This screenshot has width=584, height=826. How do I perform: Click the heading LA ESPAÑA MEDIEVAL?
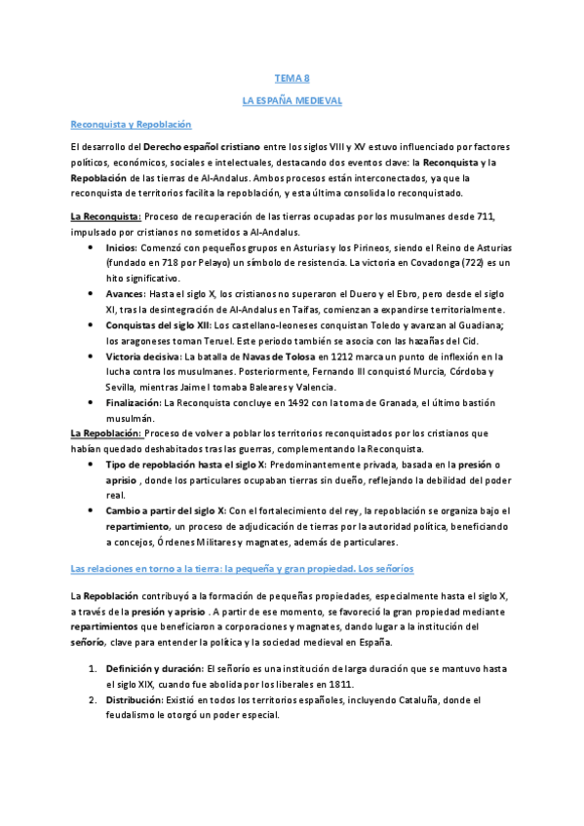292,100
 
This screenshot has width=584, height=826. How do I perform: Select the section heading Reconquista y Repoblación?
131,125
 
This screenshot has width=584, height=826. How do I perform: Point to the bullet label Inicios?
122,247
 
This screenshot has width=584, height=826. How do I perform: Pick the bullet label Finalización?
135,403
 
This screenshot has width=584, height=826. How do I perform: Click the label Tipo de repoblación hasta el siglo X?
182,465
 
